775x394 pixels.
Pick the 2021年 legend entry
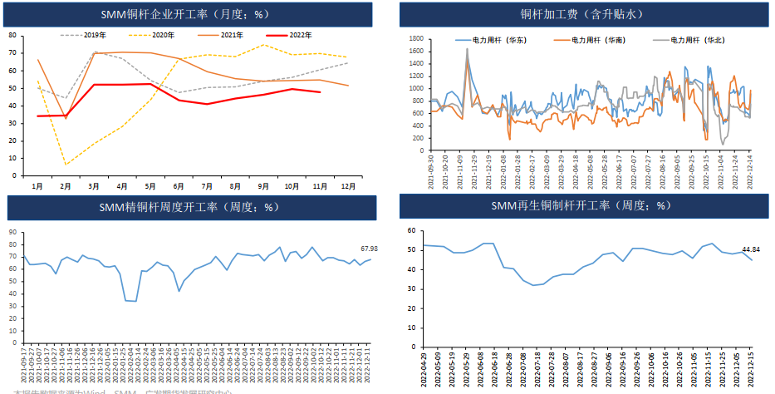coord(232,35)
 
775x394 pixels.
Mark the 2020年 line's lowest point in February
coord(66,165)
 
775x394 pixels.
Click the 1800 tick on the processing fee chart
coord(417,39)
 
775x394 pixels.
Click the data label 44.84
coord(751,249)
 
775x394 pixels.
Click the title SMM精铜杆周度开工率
coord(191,207)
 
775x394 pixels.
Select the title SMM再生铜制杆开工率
coord(581,204)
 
